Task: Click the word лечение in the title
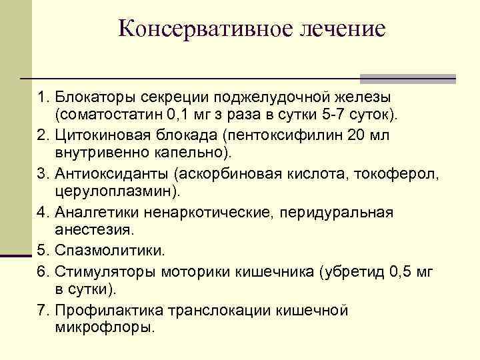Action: pyautogui.click(x=343, y=29)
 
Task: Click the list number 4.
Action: pyautogui.click(x=43, y=213)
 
